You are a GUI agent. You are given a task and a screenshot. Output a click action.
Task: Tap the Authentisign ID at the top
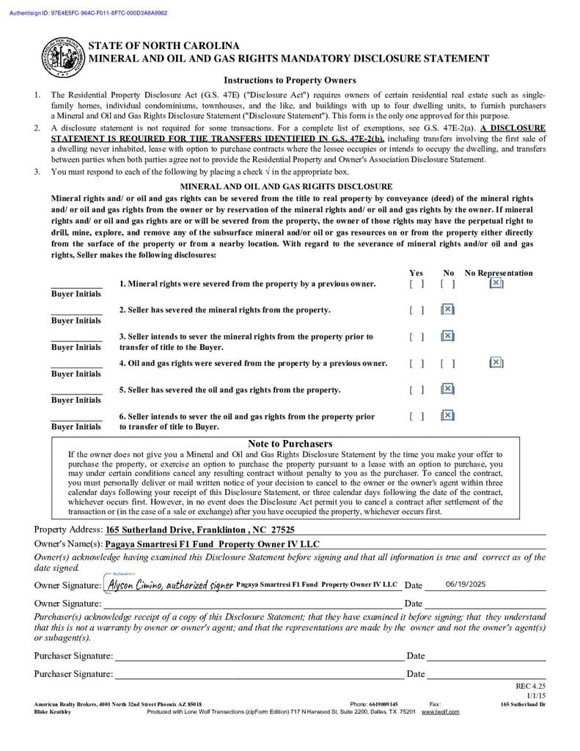coord(88,12)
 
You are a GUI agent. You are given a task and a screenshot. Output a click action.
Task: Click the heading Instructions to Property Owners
coord(290,80)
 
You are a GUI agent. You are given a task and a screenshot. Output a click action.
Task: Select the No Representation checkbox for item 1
coord(496,283)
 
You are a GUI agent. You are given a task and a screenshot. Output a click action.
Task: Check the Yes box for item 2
coord(416,310)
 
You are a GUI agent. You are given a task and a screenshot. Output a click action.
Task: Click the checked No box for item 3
coord(448,336)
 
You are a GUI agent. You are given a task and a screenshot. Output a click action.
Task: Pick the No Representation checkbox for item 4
coord(496,362)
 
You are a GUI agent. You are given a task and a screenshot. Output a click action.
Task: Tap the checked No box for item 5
coord(448,389)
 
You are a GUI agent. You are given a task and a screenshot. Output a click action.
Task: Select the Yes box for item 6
coord(416,416)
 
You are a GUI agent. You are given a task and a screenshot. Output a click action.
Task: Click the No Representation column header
coord(499,273)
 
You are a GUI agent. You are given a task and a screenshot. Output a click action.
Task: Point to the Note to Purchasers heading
coord(290,444)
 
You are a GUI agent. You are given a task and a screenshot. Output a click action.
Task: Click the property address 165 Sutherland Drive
coord(200,530)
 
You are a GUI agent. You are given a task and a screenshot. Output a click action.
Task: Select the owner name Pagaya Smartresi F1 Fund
coord(213,544)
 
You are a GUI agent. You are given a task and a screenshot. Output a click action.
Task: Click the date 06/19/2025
coord(466,585)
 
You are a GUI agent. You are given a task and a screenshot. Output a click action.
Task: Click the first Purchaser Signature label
coord(73,656)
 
